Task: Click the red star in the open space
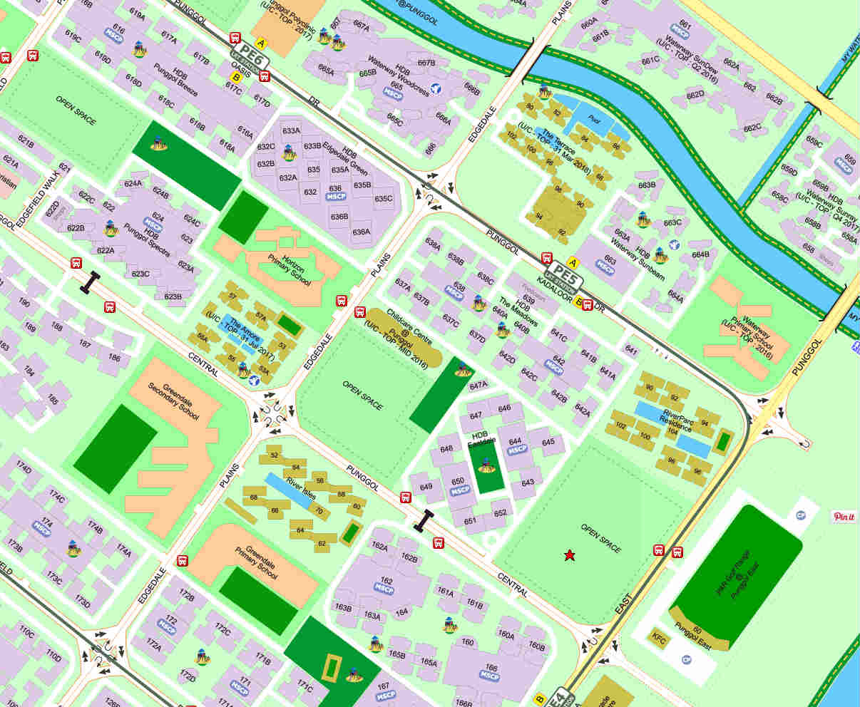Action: coord(570,555)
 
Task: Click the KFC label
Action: coord(659,641)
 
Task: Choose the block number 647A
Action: coord(478,386)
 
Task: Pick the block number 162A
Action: coord(379,547)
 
